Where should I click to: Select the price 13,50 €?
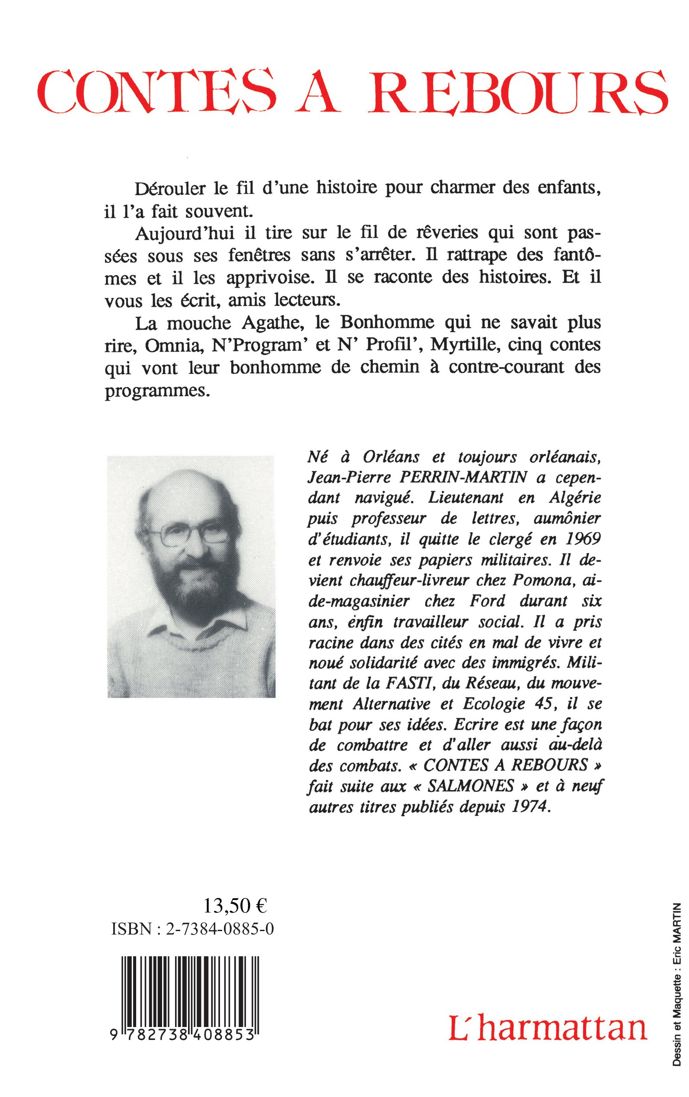click(235, 906)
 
